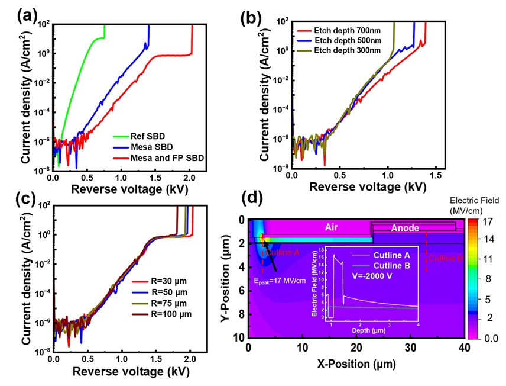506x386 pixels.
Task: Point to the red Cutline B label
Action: (444, 258)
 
